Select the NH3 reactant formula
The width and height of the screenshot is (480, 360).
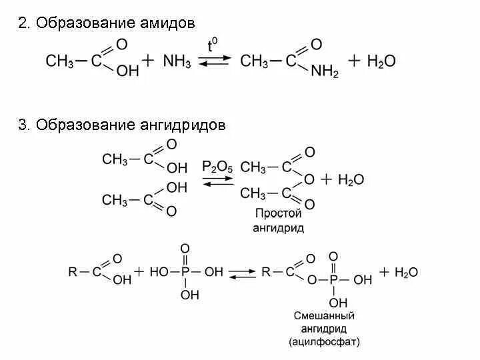(x=176, y=61)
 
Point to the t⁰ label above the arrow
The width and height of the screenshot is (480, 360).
(x=213, y=46)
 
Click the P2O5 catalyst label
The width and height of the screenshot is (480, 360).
(x=217, y=166)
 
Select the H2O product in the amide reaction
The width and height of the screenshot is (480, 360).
(x=381, y=61)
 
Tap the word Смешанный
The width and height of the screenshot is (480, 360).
(x=325, y=315)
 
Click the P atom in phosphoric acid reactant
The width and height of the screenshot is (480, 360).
(x=185, y=272)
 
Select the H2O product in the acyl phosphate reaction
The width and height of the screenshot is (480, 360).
(x=406, y=272)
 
